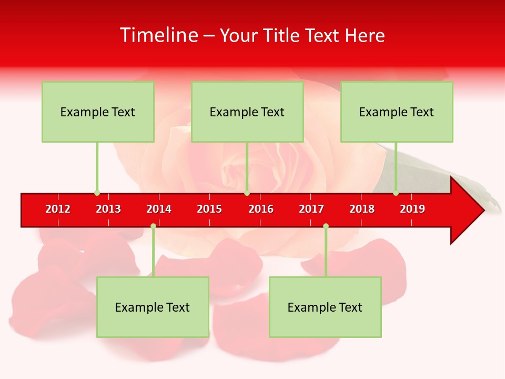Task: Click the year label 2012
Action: [x=58, y=209]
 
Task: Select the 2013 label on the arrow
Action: [x=108, y=209]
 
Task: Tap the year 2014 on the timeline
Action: [x=159, y=209]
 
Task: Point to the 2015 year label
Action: [x=209, y=209]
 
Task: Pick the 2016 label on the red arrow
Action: [x=261, y=209]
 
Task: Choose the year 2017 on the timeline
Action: [x=311, y=209]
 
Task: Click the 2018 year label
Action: [x=362, y=209]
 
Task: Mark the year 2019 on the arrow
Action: [x=412, y=209]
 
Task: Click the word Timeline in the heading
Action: [x=158, y=35]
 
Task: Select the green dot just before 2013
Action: [x=97, y=193]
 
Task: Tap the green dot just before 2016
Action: [x=247, y=193]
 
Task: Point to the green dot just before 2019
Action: [x=396, y=193]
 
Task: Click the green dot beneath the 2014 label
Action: [x=153, y=226]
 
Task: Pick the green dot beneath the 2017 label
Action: [x=326, y=226]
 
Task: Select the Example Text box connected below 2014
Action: [x=153, y=307]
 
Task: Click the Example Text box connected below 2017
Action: [x=325, y=307]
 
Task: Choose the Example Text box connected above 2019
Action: [x=397, y=112]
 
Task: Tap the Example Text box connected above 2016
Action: [x=247, y=112]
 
